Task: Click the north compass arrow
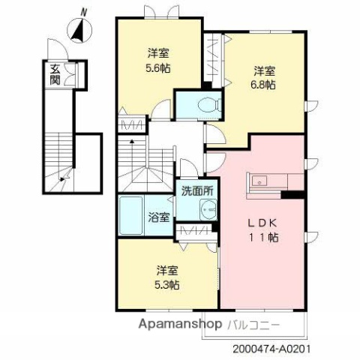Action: point(77,30)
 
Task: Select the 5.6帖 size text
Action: point(157,67)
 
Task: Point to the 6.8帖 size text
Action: point(263,85)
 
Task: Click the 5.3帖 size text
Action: point(167,284)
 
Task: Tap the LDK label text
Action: point(263,223)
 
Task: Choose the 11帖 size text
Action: point(263,237)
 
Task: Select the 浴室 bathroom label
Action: point(158,218)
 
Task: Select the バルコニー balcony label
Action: point(253,328)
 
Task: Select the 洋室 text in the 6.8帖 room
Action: point(263,71)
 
